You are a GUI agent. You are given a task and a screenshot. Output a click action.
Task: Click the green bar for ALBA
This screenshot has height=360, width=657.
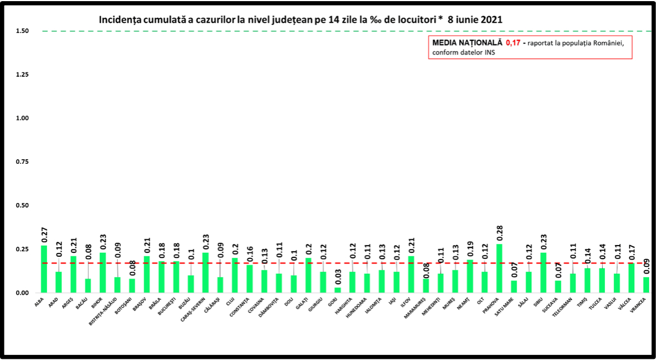click(x=44, y=269)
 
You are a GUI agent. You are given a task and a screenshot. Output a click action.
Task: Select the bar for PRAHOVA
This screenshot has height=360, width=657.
click(x=499, y=268)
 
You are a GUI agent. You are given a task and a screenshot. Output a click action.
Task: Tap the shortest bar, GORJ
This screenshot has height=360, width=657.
click(x=337, y=290)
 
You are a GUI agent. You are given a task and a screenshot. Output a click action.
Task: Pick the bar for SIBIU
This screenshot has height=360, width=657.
click(x=543, y=273)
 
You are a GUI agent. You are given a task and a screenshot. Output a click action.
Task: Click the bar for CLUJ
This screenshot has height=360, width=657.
click(x=235, y=275)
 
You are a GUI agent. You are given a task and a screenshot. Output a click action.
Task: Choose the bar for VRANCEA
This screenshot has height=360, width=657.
click(x=646, y=285)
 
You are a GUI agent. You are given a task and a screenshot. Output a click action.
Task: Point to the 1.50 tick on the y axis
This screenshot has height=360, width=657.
click(x=23, y=31)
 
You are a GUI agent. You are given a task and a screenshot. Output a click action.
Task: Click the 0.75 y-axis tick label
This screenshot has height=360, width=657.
click(x=23, y=162)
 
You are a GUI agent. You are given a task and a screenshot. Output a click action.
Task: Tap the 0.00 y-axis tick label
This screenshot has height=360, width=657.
click(x=23, y=293)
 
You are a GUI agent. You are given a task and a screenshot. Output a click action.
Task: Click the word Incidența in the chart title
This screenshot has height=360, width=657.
click(x=121, y=19)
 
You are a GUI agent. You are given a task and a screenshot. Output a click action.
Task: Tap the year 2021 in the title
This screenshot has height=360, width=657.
click(x=490, y=19)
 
